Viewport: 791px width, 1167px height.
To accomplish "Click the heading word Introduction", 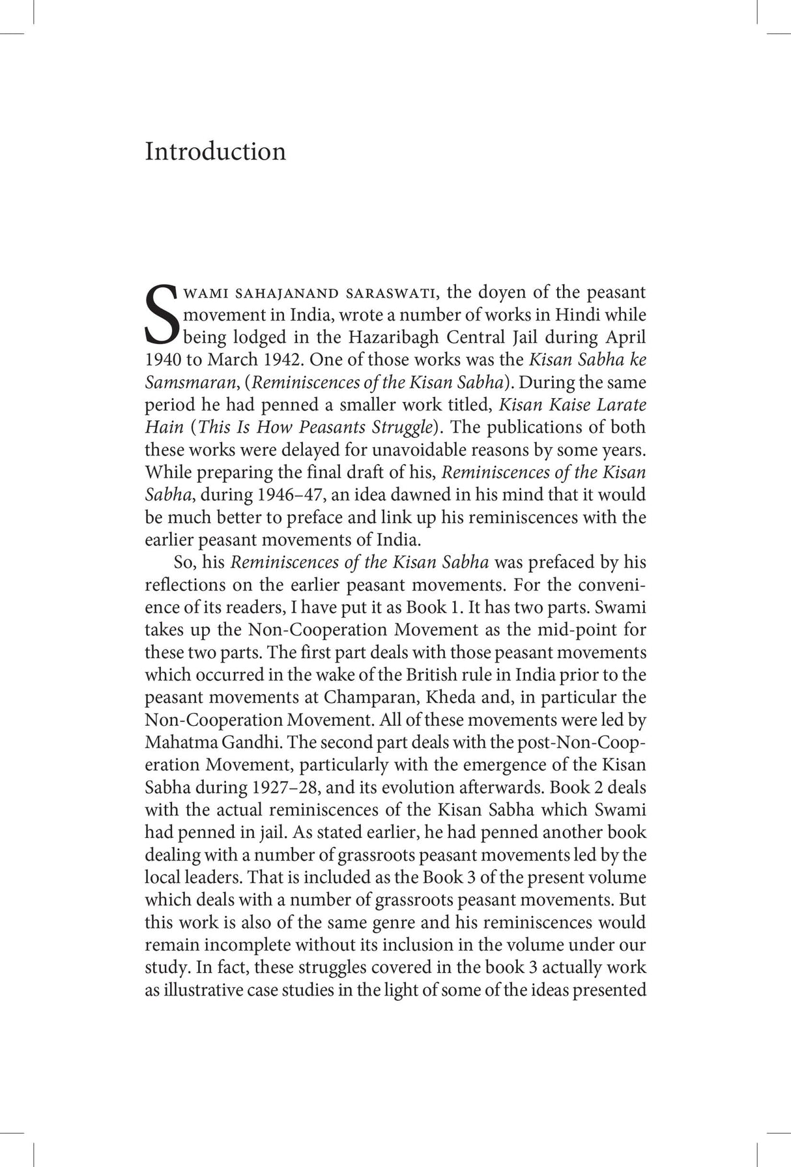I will coord(215,151).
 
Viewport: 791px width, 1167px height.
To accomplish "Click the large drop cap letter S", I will coord(160,314).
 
